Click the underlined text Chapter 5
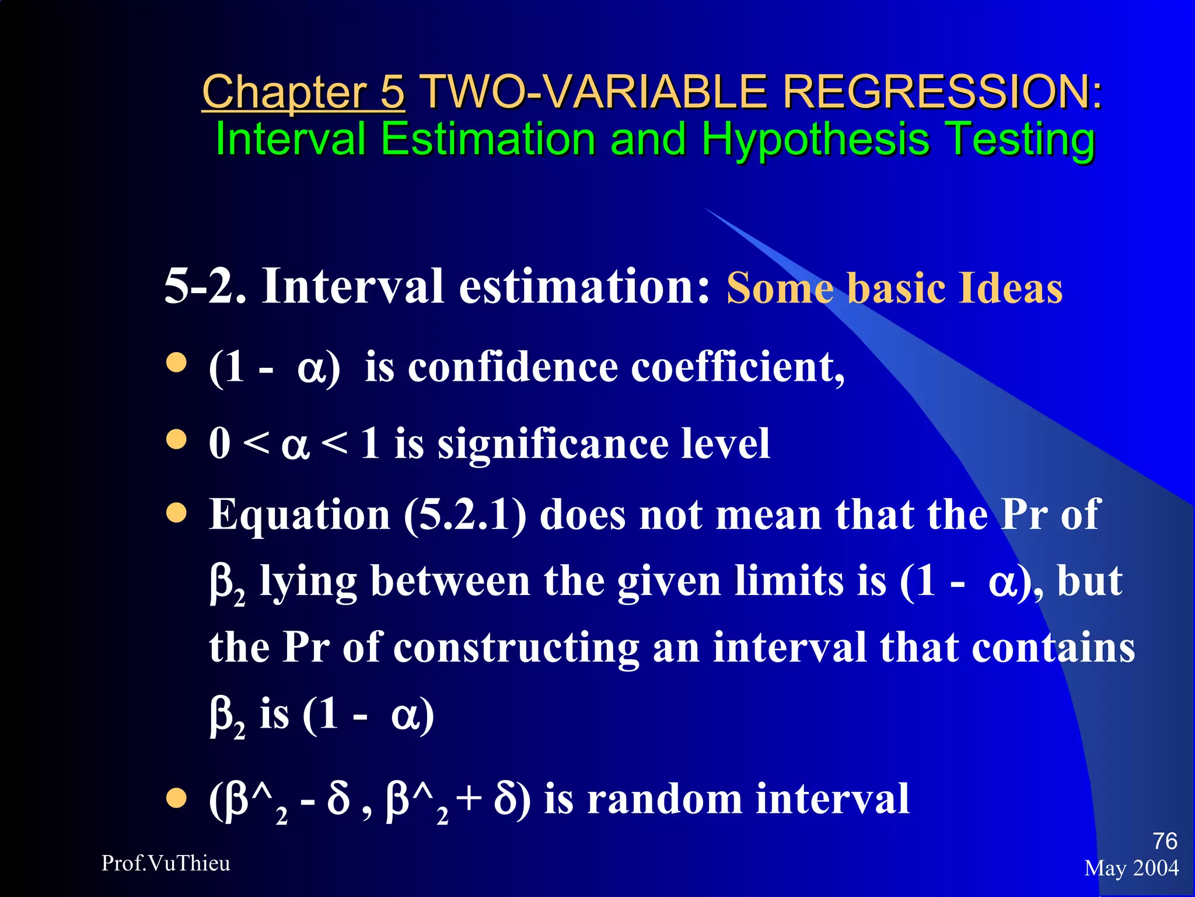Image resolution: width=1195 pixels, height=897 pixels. click(x=303, y=92)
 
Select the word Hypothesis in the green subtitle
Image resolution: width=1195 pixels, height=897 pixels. click(x=815, y=140)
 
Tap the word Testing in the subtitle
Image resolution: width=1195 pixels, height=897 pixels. click(x=1019, y=140)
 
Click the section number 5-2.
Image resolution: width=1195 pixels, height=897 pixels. click(x=205, y=286)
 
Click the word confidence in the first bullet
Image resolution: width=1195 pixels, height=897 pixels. click(x=513, y=367)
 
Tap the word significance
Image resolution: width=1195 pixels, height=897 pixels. click(x=553, y=444)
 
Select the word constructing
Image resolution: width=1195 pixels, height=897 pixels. click(x=516, y=648)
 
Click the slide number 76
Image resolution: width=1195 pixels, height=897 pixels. click(x=1165, y=842)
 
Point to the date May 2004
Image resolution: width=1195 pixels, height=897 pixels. click(x=1131, y=868)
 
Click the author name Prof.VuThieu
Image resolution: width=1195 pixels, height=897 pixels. click(x=166, y=863)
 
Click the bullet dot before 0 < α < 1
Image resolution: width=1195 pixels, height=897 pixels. click(x=176, y=439)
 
